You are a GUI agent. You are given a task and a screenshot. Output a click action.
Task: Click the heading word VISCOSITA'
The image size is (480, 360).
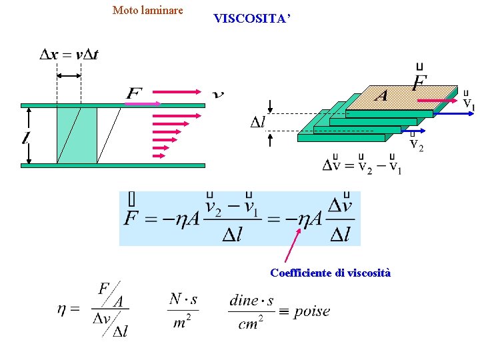[x=251, y=19]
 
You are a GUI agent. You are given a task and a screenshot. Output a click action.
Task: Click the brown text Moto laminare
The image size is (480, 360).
[x=147, y=10]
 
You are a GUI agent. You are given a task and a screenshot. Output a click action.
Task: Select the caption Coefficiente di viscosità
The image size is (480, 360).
[x=330, y=273]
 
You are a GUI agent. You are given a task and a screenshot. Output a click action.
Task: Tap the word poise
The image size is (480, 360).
[x=311, y=311]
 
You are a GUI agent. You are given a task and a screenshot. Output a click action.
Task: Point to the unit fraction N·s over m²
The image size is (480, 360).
[x=183, y=311]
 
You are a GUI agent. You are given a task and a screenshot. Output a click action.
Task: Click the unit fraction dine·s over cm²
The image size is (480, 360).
[x=251, y=311]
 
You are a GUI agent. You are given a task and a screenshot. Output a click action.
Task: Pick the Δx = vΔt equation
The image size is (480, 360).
[x=69, y=55]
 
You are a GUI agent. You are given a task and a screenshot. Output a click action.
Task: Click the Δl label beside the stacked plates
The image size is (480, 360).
[x=257, y=122]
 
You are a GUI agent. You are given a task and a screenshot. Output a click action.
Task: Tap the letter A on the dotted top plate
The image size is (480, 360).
[x=381, y=96]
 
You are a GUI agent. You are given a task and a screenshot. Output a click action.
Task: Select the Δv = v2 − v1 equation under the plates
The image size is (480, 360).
[x=362, y=165]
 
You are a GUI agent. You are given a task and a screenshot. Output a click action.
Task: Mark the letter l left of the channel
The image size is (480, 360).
[x=25, y=139]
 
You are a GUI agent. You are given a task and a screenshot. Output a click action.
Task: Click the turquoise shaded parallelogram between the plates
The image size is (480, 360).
[x=77, y=135]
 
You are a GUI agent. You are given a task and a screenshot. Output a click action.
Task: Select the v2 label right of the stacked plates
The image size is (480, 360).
[x=416, y=143]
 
